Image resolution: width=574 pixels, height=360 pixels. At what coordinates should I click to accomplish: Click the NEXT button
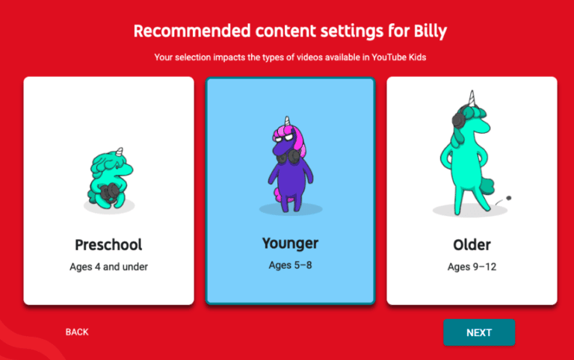coord(479,332)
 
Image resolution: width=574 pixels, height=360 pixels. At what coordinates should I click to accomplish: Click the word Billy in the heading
coord(424,31)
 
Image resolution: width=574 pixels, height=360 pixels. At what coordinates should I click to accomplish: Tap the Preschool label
coord(108,244)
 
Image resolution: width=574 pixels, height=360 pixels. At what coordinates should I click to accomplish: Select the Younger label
coord(290,243)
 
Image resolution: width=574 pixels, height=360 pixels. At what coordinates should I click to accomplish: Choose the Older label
coord(472,244)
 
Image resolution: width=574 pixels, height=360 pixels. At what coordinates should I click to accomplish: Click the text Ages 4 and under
coord(108,267)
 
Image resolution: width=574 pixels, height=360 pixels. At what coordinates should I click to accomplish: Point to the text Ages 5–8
coord(290,264)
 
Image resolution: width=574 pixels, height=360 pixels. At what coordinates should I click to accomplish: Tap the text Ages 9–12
coord(472,267)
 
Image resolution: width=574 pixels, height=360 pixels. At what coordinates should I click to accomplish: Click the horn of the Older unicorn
coord(472,99)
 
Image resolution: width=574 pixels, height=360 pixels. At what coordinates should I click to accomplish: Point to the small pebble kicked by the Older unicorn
coord(509,198)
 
